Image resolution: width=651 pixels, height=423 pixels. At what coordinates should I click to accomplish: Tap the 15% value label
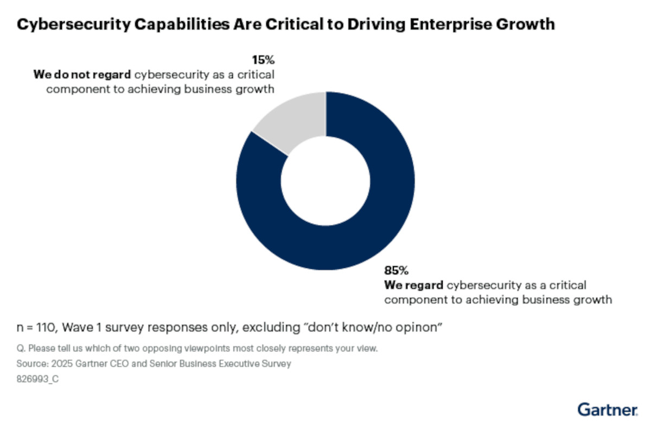click(264, 59)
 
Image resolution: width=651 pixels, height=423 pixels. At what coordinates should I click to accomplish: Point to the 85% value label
click(396, 270)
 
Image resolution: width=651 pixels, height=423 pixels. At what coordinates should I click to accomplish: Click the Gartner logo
click(608, 408)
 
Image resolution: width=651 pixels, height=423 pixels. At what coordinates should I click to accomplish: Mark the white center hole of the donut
click(325, 181)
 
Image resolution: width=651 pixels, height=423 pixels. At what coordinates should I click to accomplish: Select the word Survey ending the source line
click(277, 364)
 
